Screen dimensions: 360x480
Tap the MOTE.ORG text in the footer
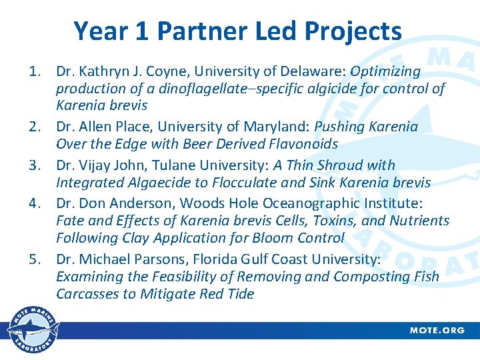[x=437, y=331]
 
